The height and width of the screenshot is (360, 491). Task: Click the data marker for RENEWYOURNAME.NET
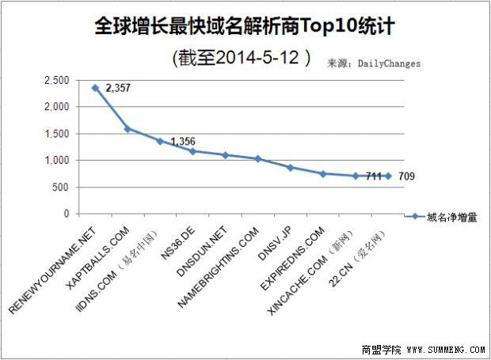click(x=95, y=88)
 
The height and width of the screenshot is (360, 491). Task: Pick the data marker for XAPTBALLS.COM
click(x=128, y=129)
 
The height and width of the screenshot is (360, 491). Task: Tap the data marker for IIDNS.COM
click(x=160, y=141)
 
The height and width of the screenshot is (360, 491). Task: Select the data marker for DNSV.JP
click(x=290, y=168)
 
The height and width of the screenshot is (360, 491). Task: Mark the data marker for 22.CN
click(x=388, y=176)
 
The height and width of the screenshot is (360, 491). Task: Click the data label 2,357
click(x=117, y=89)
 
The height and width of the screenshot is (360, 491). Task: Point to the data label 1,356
click(x=182, y=142)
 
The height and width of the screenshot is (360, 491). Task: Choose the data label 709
click(x=405, y=176)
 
